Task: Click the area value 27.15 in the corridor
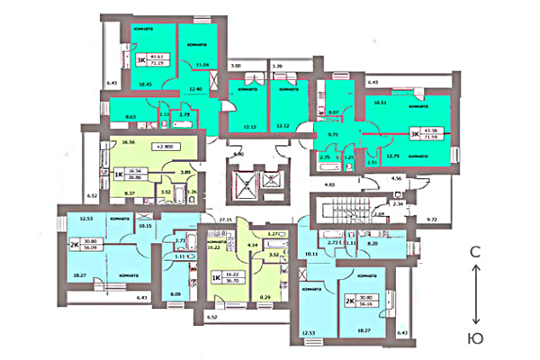click(238, 219)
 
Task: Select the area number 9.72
click(431, 219)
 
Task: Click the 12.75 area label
click(392, 156)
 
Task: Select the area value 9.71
click(331, 132)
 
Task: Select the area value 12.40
click(195, 90)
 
